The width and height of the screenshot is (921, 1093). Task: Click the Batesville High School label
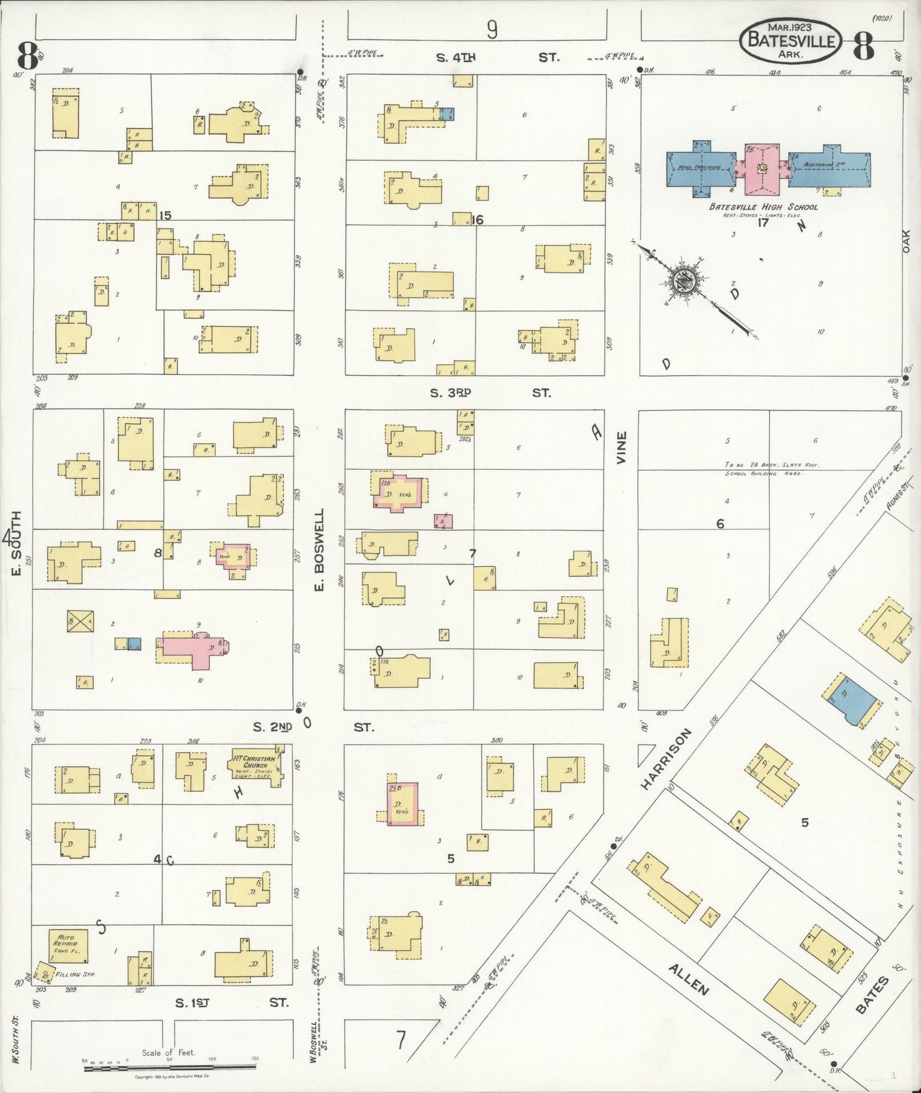point(762,207)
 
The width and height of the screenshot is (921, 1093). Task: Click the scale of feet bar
point(170,1066)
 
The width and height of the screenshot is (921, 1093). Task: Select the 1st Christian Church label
point(253,762)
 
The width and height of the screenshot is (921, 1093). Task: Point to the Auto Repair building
point(68,945)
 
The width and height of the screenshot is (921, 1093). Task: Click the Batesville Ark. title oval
point(790,40)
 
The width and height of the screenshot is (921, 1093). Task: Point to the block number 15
point(165,216)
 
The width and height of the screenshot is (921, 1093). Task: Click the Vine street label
point(621,447)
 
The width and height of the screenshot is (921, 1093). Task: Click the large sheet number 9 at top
point(491,29)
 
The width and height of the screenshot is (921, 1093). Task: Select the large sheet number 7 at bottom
point(400,1040)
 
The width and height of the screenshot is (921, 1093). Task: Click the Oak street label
point(906,241)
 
